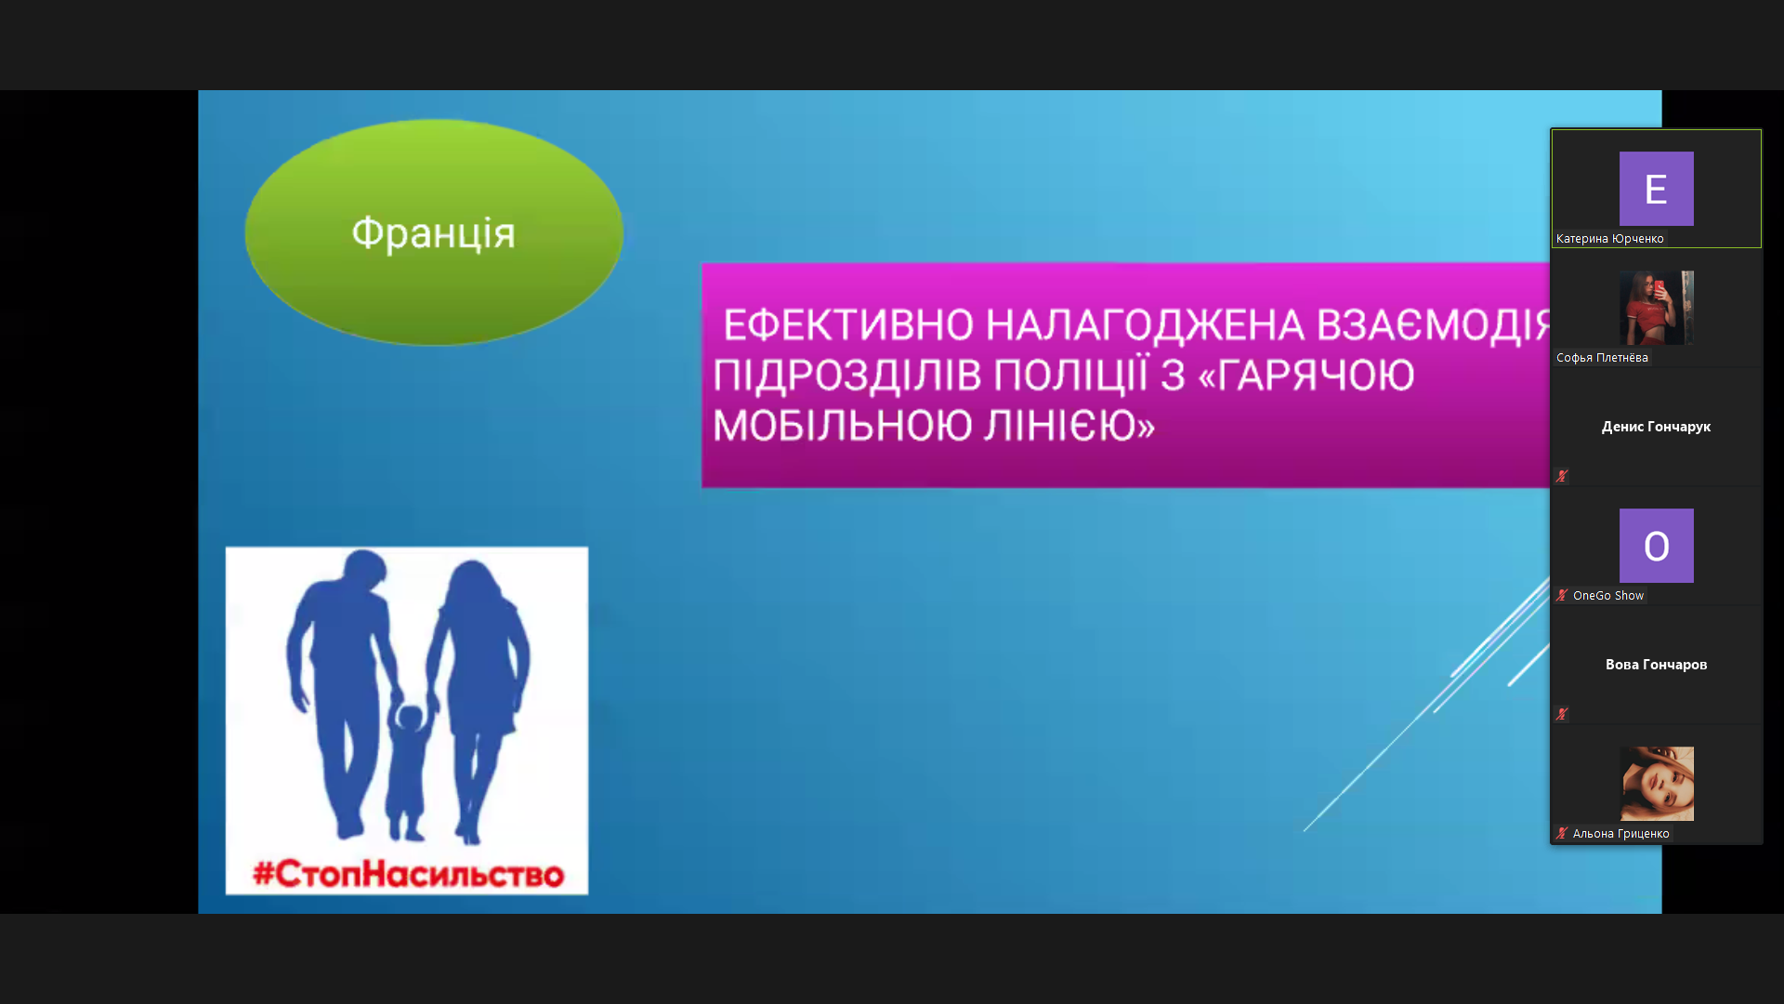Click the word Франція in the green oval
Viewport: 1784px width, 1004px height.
pyautogui.click(x=433, y=232)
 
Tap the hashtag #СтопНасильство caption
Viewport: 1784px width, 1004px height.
pyautogui.click(x=408, y=874)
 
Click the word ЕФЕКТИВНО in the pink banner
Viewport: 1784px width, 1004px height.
pyautogui.click(x=848, y=325)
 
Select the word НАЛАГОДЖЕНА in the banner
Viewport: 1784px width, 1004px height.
pyautogui.click(x=1145, y=325)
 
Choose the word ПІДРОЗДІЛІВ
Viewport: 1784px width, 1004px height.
pyautogui.click(x=846, y=376)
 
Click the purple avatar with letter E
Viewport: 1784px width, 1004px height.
pyautogui.click(x=1656, y=189)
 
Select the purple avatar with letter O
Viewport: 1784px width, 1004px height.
pyautogui.click(x=1656, y=546)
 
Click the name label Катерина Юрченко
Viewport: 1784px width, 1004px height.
pyautogui.click(x=1609, y=239)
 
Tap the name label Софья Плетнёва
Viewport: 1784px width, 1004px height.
pyautogui.click(x=1602, y=358)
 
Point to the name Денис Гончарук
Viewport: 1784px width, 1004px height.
pyautogui.click(x=1656, y=427)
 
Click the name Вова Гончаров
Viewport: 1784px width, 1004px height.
pyautogui.click(x=1656, y=665)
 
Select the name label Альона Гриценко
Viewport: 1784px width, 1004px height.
pyautogui.click(x=1620, y=834)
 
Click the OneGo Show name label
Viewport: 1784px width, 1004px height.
pyautogui.click(x=1608, y=596)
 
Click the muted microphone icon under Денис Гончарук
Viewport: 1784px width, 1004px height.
pyautogui.click(x=1562, y=476)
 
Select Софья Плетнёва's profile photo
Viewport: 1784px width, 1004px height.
pyautogui.click(x=1656, y=308)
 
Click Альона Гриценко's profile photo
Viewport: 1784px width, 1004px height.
pyautogui.click(x=1656, y=784)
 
